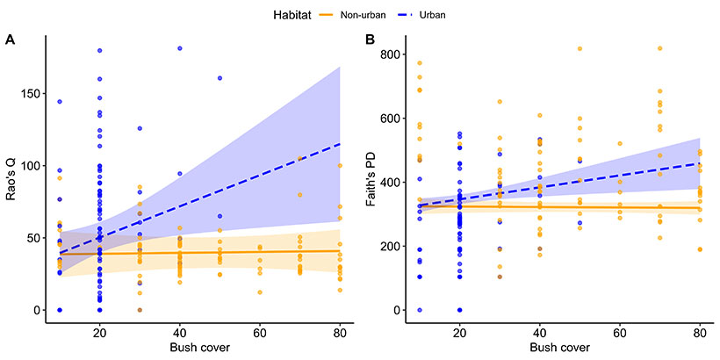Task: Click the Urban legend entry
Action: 439,14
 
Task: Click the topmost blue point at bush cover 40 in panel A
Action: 180,48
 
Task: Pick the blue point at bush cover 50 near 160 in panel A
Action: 220,78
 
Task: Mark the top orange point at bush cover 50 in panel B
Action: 580,49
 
